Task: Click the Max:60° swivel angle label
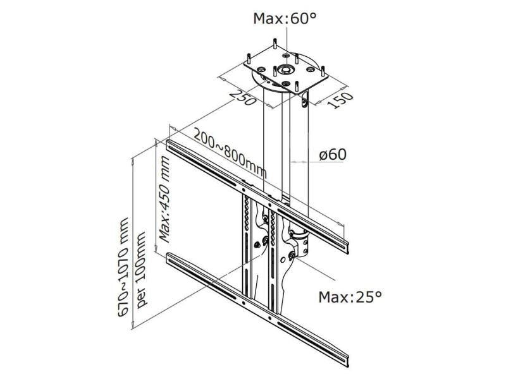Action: tap(284, 18)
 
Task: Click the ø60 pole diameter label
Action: tap(332, 154)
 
